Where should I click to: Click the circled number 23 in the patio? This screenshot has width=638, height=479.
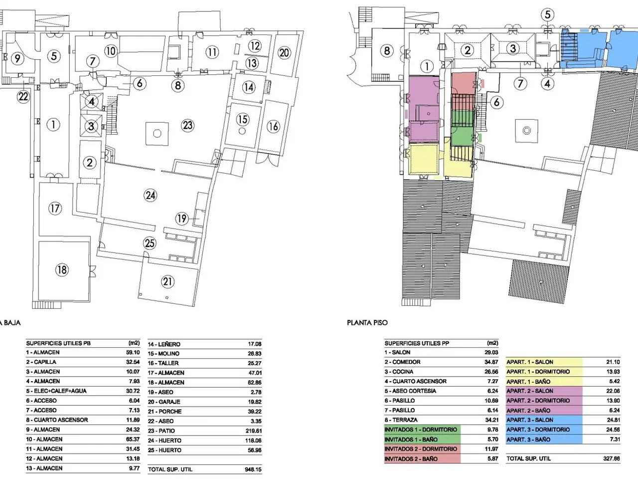187,125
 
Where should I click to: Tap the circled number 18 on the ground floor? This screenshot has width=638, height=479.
62,269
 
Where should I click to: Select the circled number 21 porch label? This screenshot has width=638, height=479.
167,281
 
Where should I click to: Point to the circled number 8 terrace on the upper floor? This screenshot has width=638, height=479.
387,51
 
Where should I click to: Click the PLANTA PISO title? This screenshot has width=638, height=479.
367,322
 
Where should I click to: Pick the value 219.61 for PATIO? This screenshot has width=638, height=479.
254,431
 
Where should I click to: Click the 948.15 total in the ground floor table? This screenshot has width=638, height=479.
254,470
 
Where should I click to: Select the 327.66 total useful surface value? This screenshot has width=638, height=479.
612,459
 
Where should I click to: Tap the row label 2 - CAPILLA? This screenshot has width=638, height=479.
41,362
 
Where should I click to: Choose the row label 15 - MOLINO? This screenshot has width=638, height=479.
163,354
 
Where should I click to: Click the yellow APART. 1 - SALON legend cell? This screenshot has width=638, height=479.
544,362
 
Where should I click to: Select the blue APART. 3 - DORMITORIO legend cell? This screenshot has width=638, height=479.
544,430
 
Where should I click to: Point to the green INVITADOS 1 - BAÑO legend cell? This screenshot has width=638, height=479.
422,440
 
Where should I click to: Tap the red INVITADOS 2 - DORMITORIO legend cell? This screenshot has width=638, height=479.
422,449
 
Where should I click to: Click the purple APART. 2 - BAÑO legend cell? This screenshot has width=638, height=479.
544,410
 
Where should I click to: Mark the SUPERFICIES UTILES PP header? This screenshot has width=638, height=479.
417,343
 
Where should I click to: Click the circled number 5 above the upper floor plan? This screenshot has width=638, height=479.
548,14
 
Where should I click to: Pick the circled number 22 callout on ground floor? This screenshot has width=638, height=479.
23,96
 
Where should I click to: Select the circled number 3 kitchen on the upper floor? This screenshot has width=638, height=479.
513,48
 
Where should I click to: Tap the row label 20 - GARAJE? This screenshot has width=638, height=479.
164,402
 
